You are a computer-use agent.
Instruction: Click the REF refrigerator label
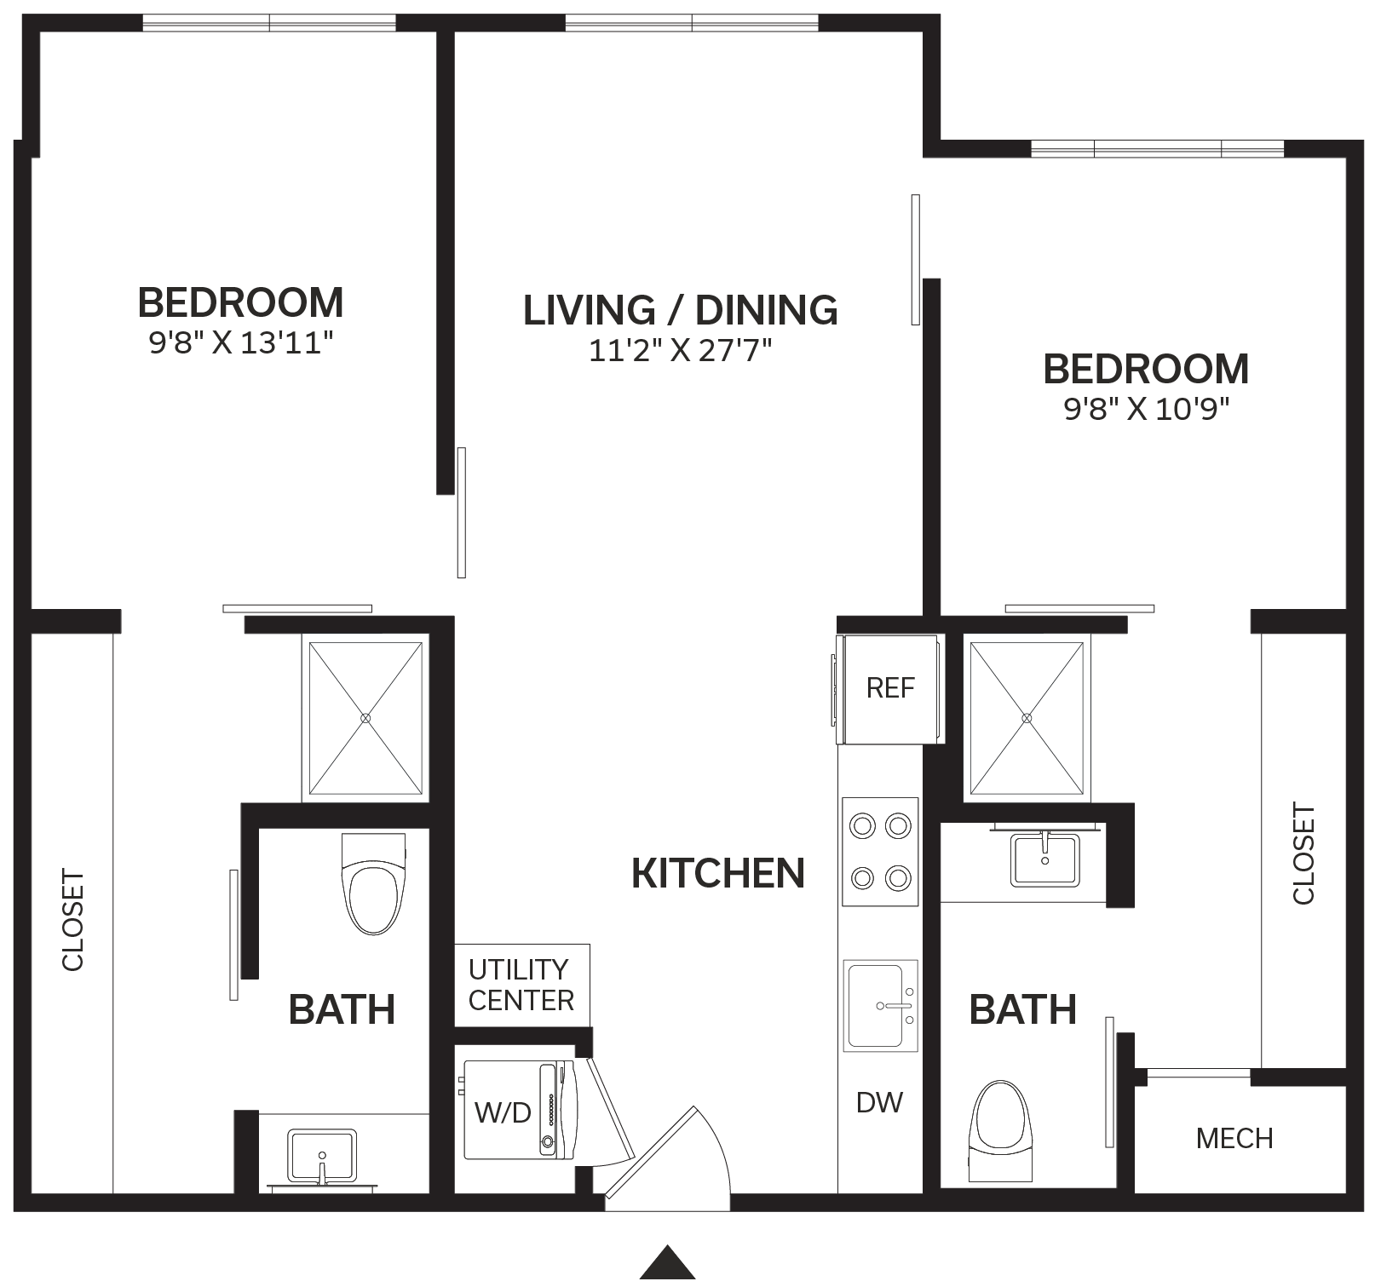point(890,688)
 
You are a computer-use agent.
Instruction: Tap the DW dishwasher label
point(879,1103)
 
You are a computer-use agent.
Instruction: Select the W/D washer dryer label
point(503,1112)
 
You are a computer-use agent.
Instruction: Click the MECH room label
point(1234,1139)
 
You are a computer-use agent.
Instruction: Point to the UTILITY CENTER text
point(521,985)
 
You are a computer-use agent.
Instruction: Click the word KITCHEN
point(718,874)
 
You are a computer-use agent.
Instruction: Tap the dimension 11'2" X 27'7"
point(680,351)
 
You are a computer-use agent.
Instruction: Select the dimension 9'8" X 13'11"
point(240,343)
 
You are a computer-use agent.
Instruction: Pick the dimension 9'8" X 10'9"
point(1147,410)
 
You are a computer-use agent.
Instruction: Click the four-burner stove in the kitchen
point(880,852)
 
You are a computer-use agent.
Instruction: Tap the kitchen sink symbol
point(880,1006)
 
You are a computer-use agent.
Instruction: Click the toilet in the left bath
point(373,883)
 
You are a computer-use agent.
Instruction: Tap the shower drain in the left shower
point(365,719)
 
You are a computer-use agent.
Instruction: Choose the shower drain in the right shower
point(1027,719)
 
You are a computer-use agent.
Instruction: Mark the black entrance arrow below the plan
point(668,1265)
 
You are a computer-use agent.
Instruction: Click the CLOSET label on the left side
point(73,920)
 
